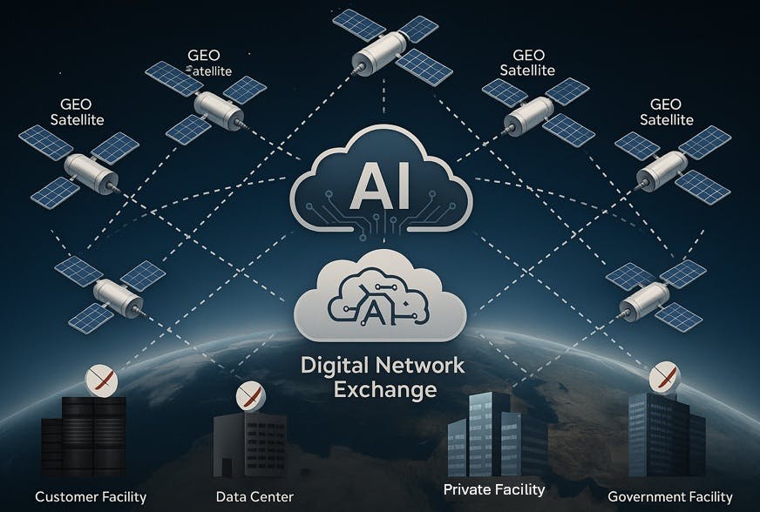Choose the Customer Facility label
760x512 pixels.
pos(84,497)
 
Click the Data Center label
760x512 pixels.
pos(254,497)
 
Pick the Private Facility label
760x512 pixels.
pos(494,489)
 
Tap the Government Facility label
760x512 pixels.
pos(670,497)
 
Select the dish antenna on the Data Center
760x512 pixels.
pos(251,398)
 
